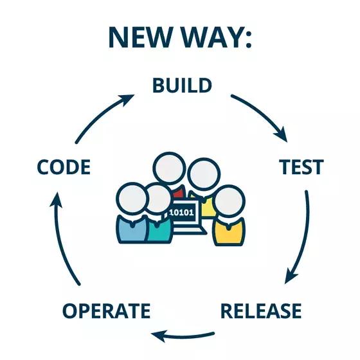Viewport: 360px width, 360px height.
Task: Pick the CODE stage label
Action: click(x=63, y=168)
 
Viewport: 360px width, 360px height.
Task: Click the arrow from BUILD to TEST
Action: click(x=260, y=116)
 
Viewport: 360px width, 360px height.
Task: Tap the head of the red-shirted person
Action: click(x=168, y=168)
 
